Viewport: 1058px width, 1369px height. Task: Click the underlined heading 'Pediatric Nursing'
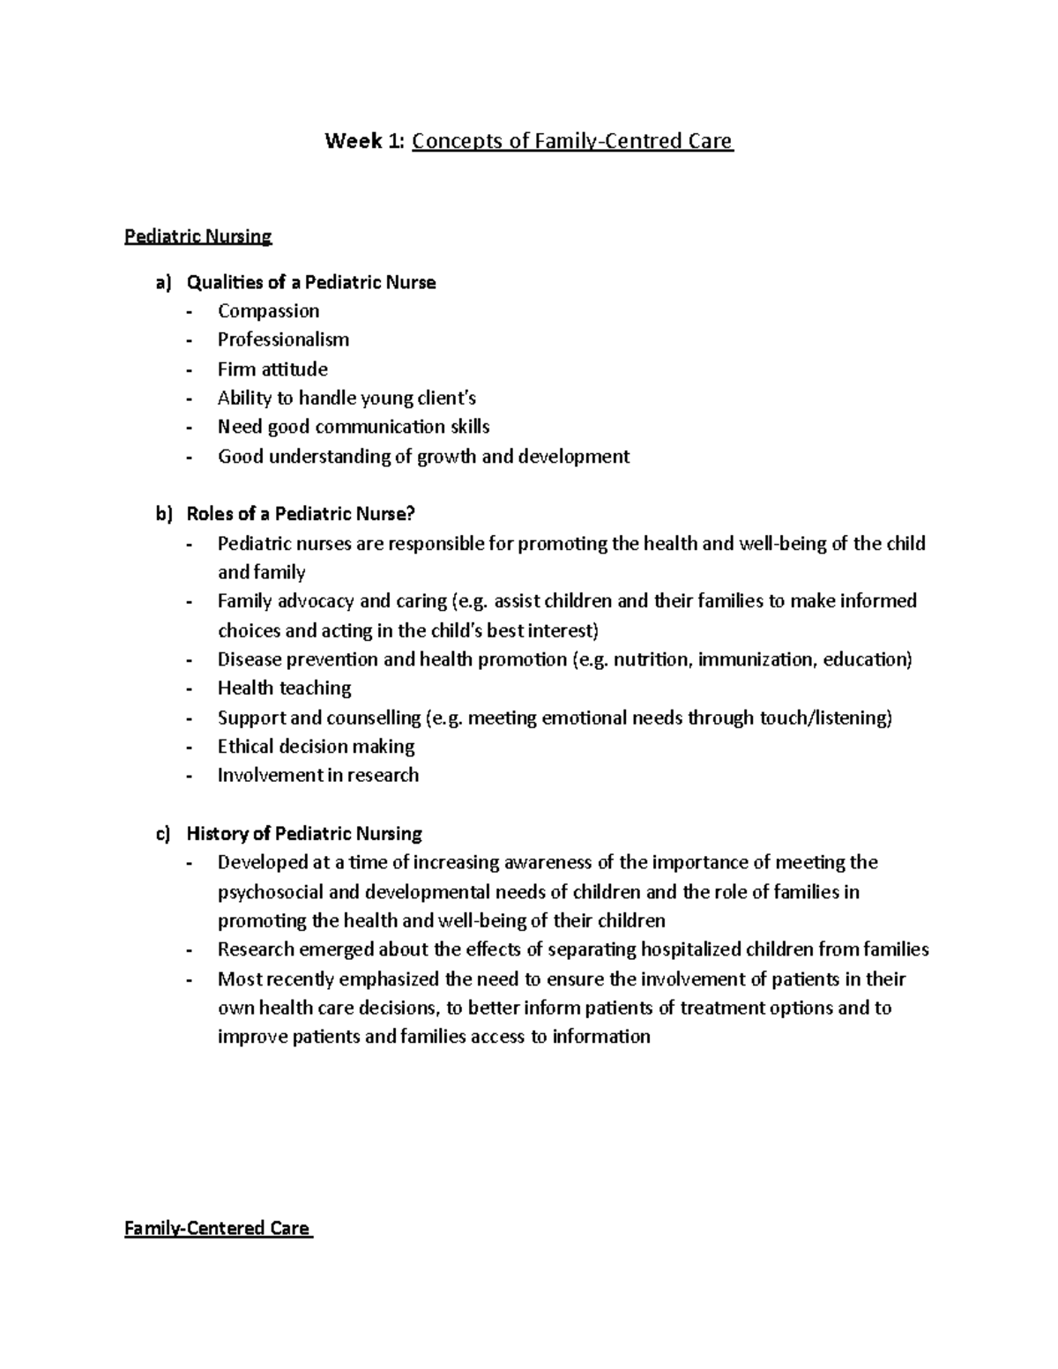click(198, 236)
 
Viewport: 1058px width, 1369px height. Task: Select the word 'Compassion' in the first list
click(268, 311)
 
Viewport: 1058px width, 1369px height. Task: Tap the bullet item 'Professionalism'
click(283, 340)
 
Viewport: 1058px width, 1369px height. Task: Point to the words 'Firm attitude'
click(272, 369)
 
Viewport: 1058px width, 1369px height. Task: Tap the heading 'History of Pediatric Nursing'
click(304, 834)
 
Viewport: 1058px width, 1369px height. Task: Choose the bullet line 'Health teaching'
click(284, 688)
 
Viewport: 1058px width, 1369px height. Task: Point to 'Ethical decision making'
click(316, 747)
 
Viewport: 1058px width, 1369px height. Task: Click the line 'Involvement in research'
click(317, 776)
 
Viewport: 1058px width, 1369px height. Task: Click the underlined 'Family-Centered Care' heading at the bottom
click(217, 1228)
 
